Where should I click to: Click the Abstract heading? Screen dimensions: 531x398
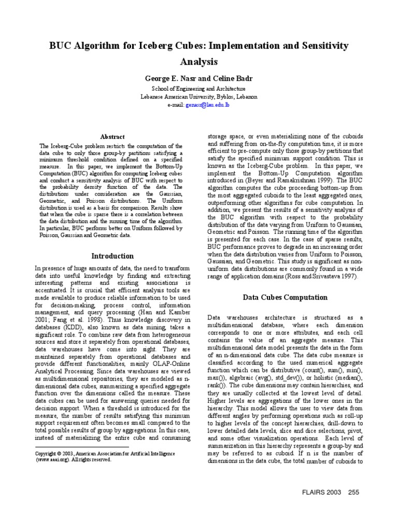click(x=112, y=136)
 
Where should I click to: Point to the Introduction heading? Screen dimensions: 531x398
click(x=112, y=256)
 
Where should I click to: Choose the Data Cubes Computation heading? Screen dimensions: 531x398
click(x=285, y=297)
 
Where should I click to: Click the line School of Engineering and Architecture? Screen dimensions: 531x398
click(x=199, y=89)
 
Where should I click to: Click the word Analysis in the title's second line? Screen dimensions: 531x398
click(x=199, y=62)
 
